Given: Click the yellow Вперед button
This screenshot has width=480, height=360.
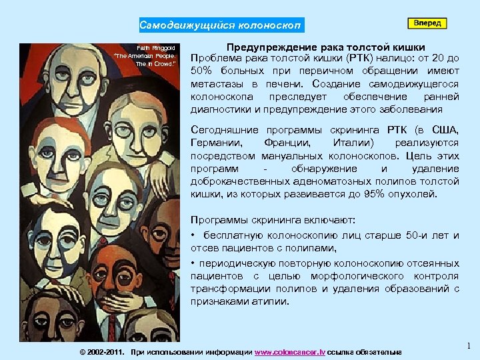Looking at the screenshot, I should tap(427, 23).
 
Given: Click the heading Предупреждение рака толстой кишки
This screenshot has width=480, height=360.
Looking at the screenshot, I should tap(326, 47).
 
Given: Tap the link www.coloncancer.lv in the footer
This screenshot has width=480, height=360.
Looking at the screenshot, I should tap(290, 351).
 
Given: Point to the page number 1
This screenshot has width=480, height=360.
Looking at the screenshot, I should tap(469, 346).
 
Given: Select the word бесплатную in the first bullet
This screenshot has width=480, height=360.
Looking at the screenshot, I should tap(232, 235).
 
